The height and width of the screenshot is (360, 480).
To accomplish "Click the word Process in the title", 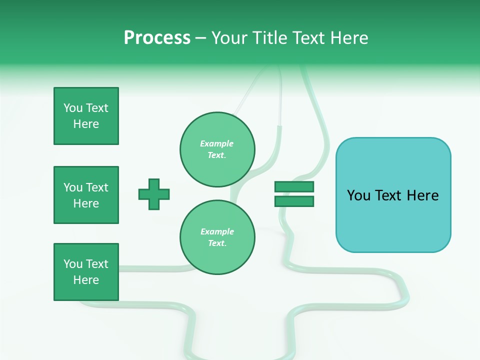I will pyautogui.click(x=157, y=38).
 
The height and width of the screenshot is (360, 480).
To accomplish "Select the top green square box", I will pyautogui.click(x=86, y=116).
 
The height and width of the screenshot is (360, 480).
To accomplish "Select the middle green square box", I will pyautogui.click(x=86, y=195).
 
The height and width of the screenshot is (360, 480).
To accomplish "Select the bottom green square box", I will pyautogui.click(x=86, y=272).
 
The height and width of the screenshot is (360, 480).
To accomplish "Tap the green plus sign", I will pyautogui.click(x=154, y=194).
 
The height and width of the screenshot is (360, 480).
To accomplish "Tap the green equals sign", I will pyautogui.click(x=294, y=194).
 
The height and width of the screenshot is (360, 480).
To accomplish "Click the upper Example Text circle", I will pyautogui.click(x=217, y=149).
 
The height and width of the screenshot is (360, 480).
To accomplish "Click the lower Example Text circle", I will pyautogui.click(x=217, y=237).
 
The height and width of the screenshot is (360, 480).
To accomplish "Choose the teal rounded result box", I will pyautogui.click(x=393, y=195).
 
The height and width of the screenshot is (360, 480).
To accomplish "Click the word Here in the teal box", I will pyautogui.click(x=422, y=195).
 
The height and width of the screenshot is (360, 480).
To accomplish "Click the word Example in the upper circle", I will pyautogui.click(x=217, y=143).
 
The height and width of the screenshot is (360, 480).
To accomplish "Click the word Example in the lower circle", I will pyautogui.click(x=217, y=231).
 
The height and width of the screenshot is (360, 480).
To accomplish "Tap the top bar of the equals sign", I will pyautogui.click(x=294, y=187).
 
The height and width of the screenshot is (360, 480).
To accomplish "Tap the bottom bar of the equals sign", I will pyautogui.click(x=294, y=201).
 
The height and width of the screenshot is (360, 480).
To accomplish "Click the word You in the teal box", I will pyautogui.click(x=358, y=195).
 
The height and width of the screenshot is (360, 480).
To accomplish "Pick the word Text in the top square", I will pyautogui.click(x=97, y=108).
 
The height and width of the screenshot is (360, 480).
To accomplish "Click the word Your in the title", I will pyautogui.click(x=230, y=38).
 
